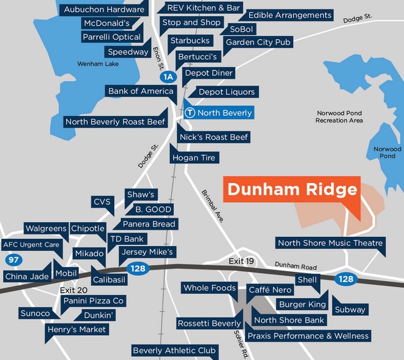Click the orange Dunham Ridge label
pyautogui.click(x=291, y=189)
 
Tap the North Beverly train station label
pyautogui.click(x=219, y=113)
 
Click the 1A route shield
pyautogui.click(x=168, y=77)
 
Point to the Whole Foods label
pyautogui.click(x=209, y=288)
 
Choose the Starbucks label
pyautogui.click(x=190, y=41)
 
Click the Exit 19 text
pyautogui.click(x=241, y=262)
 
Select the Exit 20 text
pyautogui.click(x=74, y=290)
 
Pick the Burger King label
pyautogui.click(x=302, y=304)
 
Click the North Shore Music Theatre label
pyautogui.click(x=330, y=243)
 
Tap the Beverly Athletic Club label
pyautogui.click(x=174, y=351)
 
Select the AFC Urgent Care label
pyautogui.click(x=31, y=245)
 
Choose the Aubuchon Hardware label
pyautogui.click(x=104, y=9)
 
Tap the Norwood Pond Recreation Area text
pyautogui.click(x=339, y=117)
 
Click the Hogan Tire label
pyautogui.click(x=193, y=157)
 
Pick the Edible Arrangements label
pyautogui.click(x=290, y=15)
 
